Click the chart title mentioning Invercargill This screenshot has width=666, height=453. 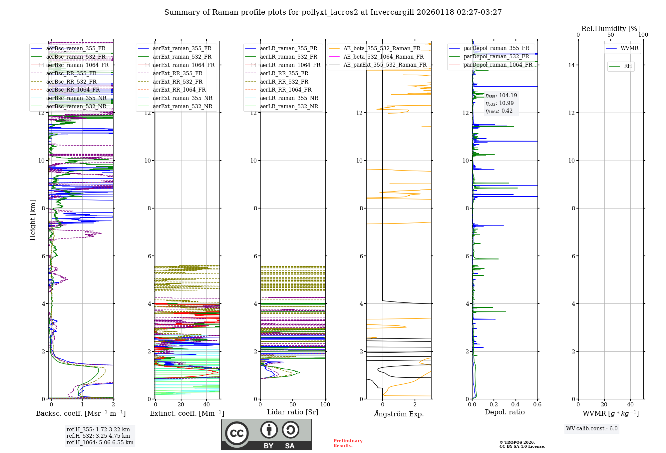tap(333, 12)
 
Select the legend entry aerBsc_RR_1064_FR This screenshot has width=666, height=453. tap(73, 90)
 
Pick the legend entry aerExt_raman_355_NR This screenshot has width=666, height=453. tap(182, 98)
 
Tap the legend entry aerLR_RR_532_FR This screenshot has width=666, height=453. tap(284, 82)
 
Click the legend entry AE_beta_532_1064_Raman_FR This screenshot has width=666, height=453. tap(383, 57)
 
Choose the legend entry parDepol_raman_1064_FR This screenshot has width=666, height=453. tap(498, 65)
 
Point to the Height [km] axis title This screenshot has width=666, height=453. tap(33, 220)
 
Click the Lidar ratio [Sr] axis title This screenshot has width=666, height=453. tap(292, 412)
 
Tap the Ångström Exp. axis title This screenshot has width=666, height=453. tap(399, 414)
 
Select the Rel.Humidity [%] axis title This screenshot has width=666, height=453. tap(610, 29)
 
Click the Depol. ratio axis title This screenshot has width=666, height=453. tap(504, 412)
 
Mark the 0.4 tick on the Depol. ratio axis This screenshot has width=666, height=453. tap(515, 405)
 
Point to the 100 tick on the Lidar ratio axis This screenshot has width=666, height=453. tap(325, 405)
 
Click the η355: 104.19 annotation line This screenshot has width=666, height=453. tap(501, 96)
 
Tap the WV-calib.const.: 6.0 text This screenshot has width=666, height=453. tap(592, 429)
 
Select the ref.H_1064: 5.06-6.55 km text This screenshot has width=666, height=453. tap(100, 443)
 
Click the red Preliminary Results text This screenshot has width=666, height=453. tap(348, 443)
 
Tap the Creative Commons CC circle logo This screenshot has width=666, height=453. tap(237, 433)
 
